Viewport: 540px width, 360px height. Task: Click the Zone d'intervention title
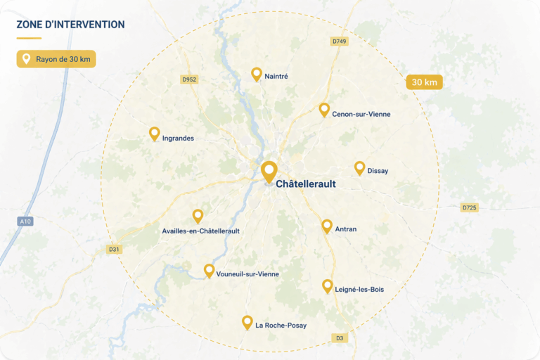click(x=70, y=25)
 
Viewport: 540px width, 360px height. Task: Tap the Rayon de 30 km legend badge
click(x=56, y=59)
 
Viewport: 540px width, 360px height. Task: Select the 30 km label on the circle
click(x=425, y=82)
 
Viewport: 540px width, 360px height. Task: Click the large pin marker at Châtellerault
click(x=269, y=171)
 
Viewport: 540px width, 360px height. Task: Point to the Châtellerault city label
click(x=306, y=184)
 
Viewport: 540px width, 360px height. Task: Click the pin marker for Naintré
click(x=257, y=74)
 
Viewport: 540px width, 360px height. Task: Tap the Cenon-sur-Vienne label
click(x=361, y=114)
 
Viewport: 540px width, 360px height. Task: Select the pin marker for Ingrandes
click(x=155, y=133)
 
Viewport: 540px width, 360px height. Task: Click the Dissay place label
click(x=378, y=171)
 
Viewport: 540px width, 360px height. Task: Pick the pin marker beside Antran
click(x=327, y=226)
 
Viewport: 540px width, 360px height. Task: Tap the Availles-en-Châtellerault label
click(x=200, y=231)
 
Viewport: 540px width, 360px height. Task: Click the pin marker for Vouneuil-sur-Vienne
click(x=209, y=270)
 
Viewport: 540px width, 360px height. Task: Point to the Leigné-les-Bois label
click(x=359, y=289)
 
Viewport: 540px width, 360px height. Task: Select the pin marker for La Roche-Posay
click(x=247, y=322)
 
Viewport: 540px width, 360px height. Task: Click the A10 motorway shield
click(x=25, y=221)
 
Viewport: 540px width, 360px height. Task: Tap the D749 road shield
click(x=340, y=41)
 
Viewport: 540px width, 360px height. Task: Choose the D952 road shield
click(x=189, y=79)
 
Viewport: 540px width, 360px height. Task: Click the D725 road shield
click(x=469, y=207)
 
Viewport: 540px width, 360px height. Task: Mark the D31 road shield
click(x=114, y=249)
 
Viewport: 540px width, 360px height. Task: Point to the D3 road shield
click(x=340, y=338)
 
